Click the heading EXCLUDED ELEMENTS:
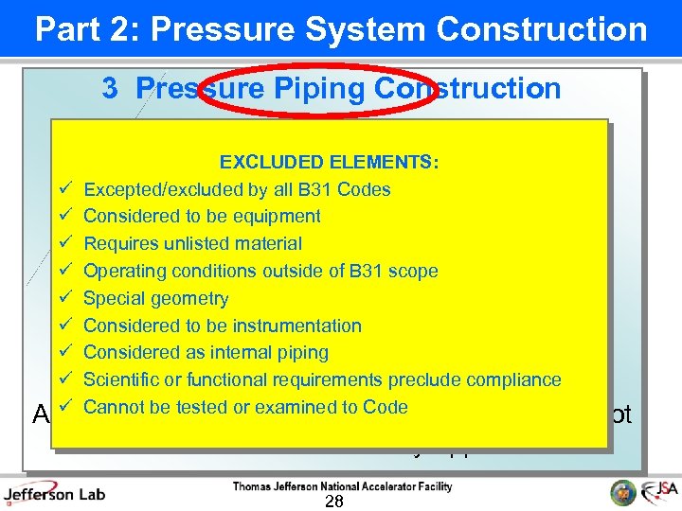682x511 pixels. (x=329, y=163)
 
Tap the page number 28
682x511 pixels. (x=333, y=502)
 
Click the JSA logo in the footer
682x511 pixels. (x=659, y=492)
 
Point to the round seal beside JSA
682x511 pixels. (x=623, y=492)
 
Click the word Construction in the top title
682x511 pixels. (x=544, y=29)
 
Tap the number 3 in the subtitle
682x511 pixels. (x=110, y=89)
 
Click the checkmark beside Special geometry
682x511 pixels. (x=65, y=298)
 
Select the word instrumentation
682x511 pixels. (x=300, y=326)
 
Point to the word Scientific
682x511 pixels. (x=122, y=380)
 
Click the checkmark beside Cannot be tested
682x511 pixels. (x=65, y=407)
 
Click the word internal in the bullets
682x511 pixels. (x=242, y=353)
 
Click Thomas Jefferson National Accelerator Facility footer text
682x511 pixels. (x=343, y=487)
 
